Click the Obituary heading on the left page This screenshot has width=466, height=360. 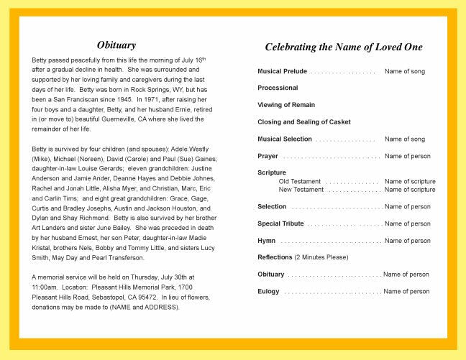116,45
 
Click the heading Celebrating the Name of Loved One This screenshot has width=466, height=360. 344,47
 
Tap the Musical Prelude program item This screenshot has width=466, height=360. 283,71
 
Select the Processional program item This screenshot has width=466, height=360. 278,88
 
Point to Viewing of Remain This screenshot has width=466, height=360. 286,105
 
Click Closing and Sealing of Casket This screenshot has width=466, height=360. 304,122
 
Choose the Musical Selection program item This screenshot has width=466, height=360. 285,139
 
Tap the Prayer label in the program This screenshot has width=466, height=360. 268,156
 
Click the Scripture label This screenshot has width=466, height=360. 272,172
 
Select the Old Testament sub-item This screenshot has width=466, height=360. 300,182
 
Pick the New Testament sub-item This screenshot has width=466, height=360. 301,190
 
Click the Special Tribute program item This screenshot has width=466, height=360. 280,223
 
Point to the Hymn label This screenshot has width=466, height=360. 266,241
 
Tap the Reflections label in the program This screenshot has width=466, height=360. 275,257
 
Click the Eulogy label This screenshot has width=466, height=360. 268,291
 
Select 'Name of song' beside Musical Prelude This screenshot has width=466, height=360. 405,71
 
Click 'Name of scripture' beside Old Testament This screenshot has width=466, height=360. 410,182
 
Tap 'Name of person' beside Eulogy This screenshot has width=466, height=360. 406,291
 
